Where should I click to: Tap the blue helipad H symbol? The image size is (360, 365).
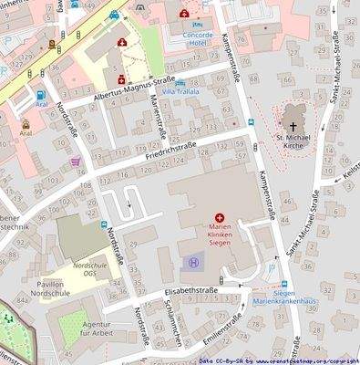click(x=193, y=263)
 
